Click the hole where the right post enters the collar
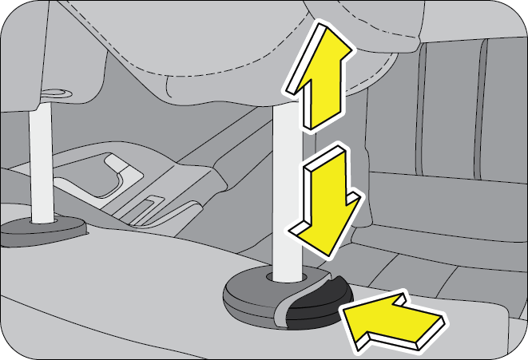[x=285, y=278]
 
